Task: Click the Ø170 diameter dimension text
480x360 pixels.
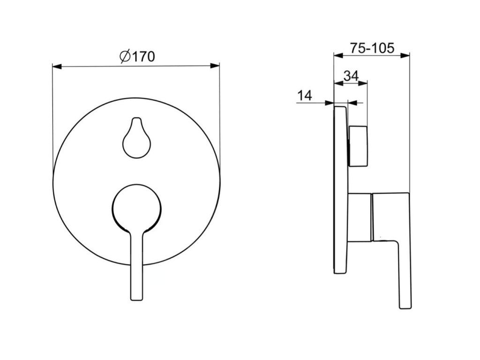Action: pyautogui.click(x=137, y=56)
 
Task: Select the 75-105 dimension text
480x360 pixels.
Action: pyautogui.click(x=372, y=48)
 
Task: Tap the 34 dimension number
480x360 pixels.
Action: pyautogui.click(x=351, y=75)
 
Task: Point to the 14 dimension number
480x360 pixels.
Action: pyautogui.click(x=305, y=96)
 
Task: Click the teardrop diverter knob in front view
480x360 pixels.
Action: pyautogui.click(x=136, y=138)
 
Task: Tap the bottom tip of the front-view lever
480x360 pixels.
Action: pyautogui.click(x=136, y=300)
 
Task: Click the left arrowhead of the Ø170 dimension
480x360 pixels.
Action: pyautogui.click(x=57, y=66)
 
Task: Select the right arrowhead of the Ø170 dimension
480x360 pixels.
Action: pyautogui.click(x=215, y=66)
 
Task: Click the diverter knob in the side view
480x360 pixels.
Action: pyautogui.click(x=358, y=146)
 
